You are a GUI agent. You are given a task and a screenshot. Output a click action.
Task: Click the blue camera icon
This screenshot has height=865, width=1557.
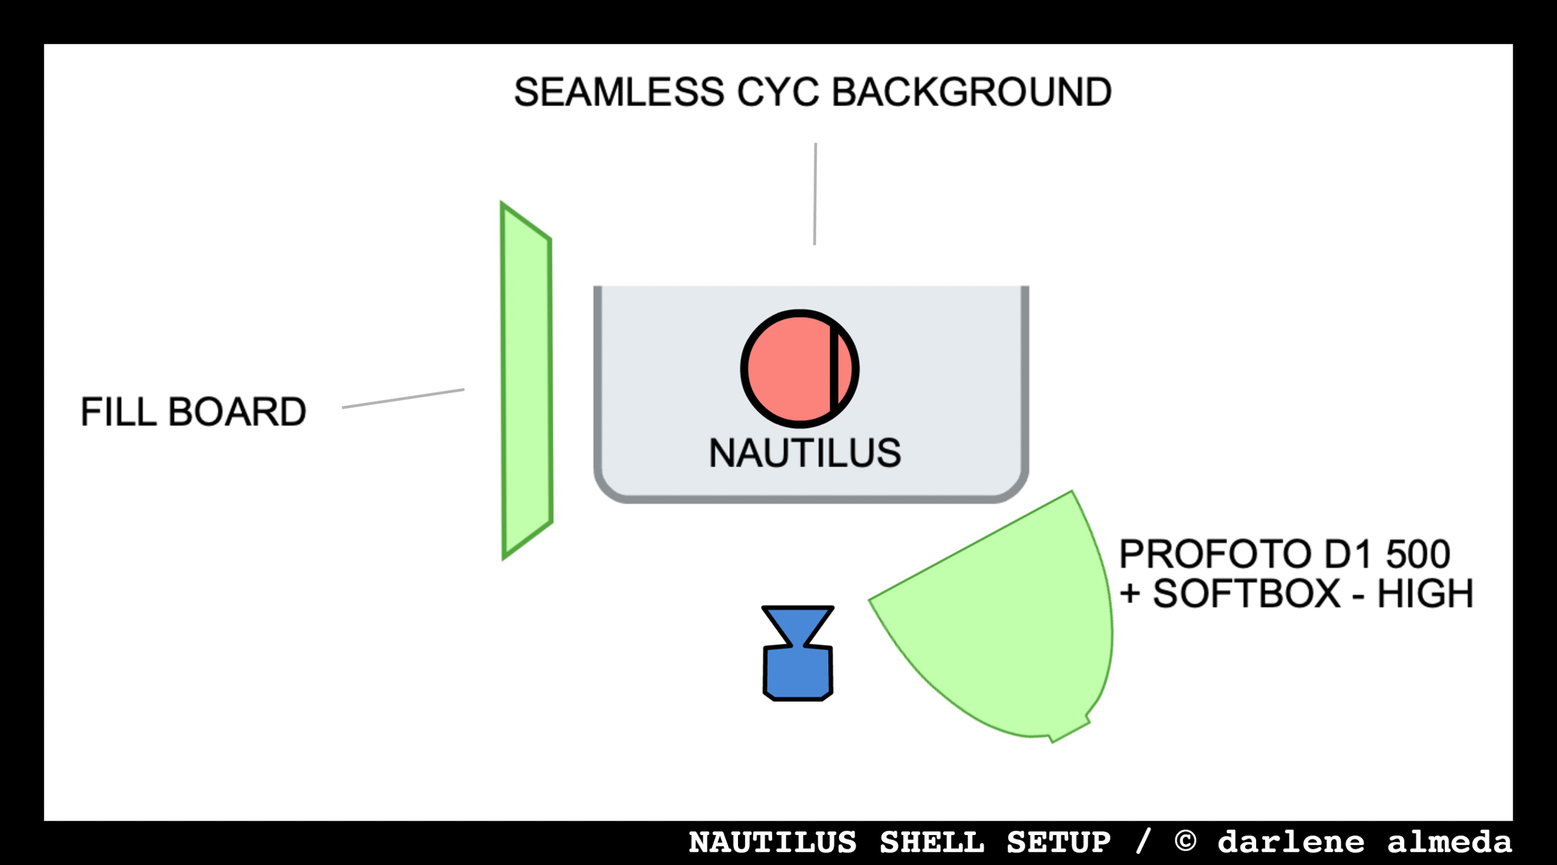pyautogui.click(x=798, y=663)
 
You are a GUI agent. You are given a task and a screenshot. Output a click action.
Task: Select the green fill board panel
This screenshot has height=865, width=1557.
pyautogui.click(x=527, y=381)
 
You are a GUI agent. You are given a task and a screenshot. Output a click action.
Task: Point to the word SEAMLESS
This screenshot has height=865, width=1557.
pyautogui.click(x=619, y=92)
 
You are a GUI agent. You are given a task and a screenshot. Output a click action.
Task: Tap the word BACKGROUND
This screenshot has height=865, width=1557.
pyautogui.click(x=972, y=92)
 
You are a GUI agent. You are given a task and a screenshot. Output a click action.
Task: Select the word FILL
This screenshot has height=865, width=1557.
pyautogui.click(x=118, y=412)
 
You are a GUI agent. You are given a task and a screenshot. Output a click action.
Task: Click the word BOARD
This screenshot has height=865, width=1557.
pyautogui.click(x=237, y=412)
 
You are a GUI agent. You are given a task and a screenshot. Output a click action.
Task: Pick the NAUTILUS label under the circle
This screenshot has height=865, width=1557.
pyautogui.click(x=805, y=453)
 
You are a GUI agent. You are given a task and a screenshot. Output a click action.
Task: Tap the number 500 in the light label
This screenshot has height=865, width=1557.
pyautogui.click(x=1418, y=554)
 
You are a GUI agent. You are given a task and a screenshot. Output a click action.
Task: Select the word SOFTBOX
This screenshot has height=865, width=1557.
pyautogui.click(x=1246, y=593)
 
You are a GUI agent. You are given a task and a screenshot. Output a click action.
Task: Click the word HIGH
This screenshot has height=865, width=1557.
pyautogui.click(x=1425, y=593)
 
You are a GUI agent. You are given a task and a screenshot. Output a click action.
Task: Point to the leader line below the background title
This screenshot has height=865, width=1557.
pyautogui.click(x=815, y=194)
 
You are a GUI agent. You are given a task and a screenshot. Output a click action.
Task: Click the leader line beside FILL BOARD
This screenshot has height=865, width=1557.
pyautogui.click(x=403, y=399)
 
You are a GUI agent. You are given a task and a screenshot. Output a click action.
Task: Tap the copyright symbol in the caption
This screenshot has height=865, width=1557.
pyautogui.click(x=1186, y=841)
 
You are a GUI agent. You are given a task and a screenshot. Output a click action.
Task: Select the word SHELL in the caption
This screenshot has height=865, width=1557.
pyautogui.click(x=932, y=843)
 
